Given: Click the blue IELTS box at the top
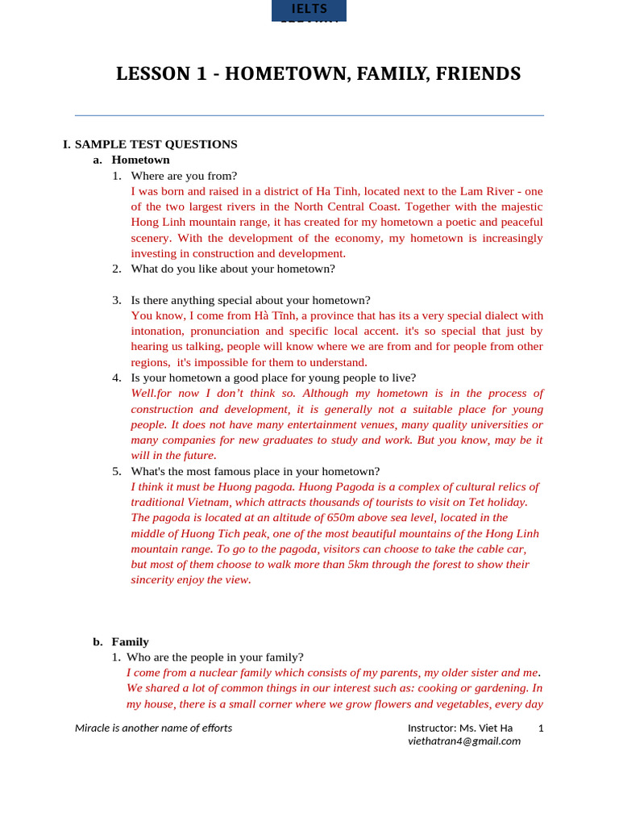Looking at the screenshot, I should (x=309, y=10).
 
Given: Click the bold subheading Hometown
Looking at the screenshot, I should (x=140, y=160).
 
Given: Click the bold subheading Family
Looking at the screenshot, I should (x=130, y=641).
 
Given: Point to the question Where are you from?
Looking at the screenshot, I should (x=184, y=176).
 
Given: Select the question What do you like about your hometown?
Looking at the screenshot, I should (x=232, y=269).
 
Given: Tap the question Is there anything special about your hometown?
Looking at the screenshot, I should (x=250, y=300).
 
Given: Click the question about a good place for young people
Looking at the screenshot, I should (x=273, y=378).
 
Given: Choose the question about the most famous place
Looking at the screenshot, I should (x=255, y=471).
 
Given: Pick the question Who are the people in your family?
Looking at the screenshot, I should (x=214, y=657).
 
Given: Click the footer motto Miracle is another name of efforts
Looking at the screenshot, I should (x=153, y=728).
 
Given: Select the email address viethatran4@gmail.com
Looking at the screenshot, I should (x=463, y=741).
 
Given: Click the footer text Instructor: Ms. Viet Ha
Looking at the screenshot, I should (x=459, y=728).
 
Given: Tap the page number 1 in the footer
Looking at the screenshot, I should (x=541, y=728).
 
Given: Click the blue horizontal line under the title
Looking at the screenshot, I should (x=309, y=115).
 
